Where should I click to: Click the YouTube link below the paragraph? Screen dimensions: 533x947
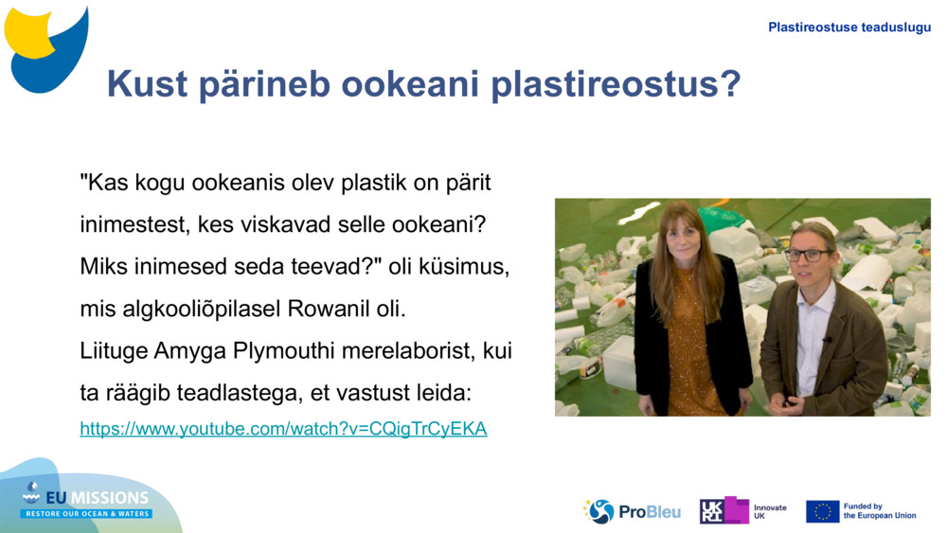(x=283, y=429)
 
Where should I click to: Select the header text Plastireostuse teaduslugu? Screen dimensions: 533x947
(x=849, y=27)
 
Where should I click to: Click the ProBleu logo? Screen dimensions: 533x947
(x=632, y=511)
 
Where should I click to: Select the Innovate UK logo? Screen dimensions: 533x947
(x=742, y=511)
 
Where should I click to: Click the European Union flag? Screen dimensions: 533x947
(x=822, y=511)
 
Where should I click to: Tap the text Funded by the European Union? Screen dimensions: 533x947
(x=879, y=511)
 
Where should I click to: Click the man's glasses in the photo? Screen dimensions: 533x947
(x=806, y=255)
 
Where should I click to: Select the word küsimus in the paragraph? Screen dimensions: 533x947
(x=471, y=267)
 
